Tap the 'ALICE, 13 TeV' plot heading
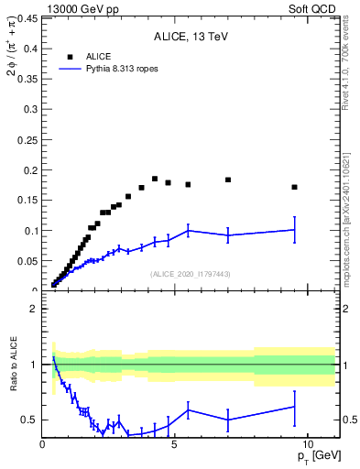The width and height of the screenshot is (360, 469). tap(190, 37)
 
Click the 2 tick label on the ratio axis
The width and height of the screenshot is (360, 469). tap(32, 309)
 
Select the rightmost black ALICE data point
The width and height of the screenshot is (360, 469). tap(294, 187)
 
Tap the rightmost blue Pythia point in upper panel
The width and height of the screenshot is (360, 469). tap(294, 230)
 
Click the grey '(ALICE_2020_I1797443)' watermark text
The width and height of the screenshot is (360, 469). tap(190, 274)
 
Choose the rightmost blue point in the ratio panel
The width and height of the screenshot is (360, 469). tap(294, 406)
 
